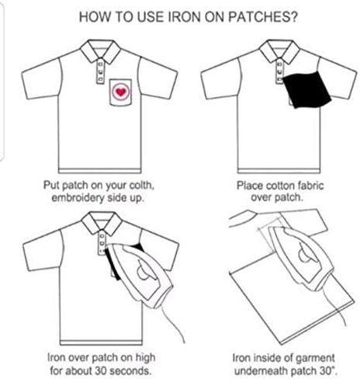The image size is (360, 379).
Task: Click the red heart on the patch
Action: point(120,92)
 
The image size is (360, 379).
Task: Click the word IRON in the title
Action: point(184,17)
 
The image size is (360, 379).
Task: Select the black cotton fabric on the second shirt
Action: point(306,89)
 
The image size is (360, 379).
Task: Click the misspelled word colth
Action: point(141,186)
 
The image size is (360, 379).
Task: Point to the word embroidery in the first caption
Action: point(78,198)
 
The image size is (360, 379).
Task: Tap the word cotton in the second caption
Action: point(280,186)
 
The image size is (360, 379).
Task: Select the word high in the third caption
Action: point(145,358)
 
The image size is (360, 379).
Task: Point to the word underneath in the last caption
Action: point(261,370)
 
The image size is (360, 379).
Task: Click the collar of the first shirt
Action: point(100,51)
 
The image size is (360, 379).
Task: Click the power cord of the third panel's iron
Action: point(171,321)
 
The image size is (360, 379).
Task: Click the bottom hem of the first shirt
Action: point(99,171)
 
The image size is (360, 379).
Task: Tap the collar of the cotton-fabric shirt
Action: point(279,51)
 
